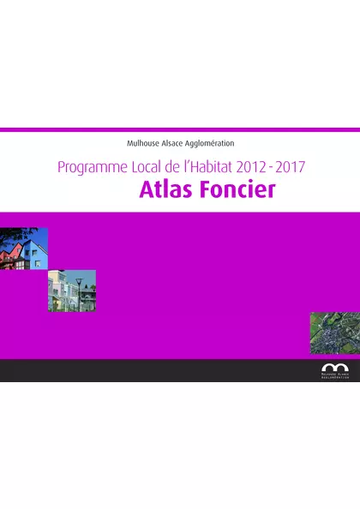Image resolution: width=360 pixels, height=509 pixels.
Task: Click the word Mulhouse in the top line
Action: click(141, 143)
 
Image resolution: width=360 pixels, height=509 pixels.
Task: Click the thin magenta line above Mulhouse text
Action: click(180, 130)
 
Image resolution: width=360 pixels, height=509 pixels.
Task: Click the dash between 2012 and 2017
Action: click(273, 166)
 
